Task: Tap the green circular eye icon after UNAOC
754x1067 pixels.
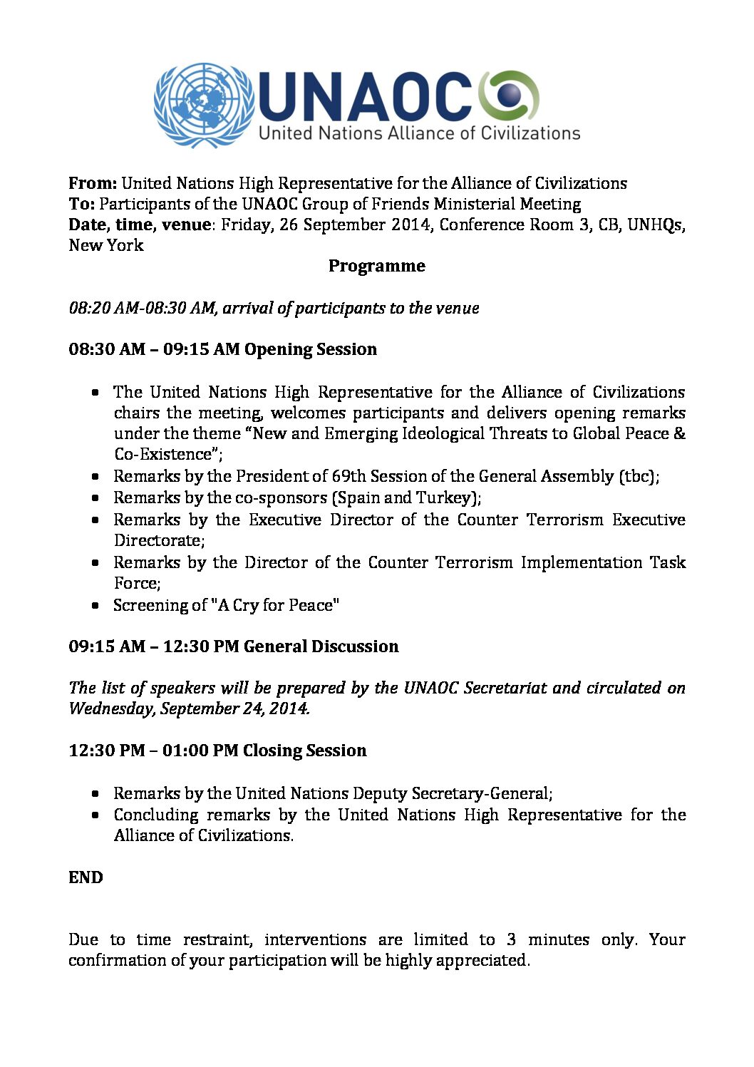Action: pyautogui.click(x=508, y=95)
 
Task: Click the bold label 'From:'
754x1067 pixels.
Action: pyautogui.click(x=93, y=183)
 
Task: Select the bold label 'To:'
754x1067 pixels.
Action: pyautogui.click(x=81, y=204)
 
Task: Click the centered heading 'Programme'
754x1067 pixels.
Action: pyautogui.click(x=376, y=266)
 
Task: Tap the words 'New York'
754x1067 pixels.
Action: pyautogui.click(x=106, y=245)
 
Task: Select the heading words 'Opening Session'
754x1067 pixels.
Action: pyautogui.click(x=311, y=349)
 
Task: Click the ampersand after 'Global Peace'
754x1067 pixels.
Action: pyautogui.click(x=679, y=433)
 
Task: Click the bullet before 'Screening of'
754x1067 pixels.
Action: pyautogui.click(x=95, y=606)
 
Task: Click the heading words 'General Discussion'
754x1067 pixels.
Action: pyautogui.click(x=321, y=646)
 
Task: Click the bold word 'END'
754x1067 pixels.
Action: pyautogui.click(x=86, y=877)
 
